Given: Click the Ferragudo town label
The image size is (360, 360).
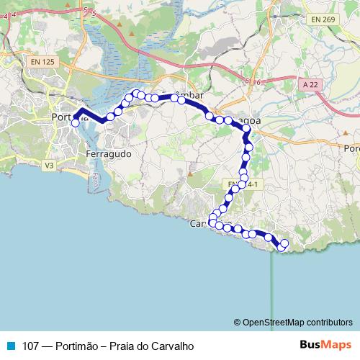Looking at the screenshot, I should [108, 154].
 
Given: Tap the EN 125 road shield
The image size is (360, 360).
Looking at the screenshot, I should [43, 63].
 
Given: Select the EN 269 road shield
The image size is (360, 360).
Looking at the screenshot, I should [323, 19].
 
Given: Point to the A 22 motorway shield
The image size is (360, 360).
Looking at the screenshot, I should [310, 85].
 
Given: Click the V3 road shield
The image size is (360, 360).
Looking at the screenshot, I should [49, 166].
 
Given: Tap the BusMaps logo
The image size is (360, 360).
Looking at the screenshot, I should [325, 345].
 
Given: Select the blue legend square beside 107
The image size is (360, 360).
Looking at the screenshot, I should [10, 346].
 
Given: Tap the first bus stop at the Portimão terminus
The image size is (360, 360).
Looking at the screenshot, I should [74, 123].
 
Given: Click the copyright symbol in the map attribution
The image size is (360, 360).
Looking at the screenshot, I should [238, 322].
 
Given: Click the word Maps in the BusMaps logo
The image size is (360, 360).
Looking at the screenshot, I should [337, 345].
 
